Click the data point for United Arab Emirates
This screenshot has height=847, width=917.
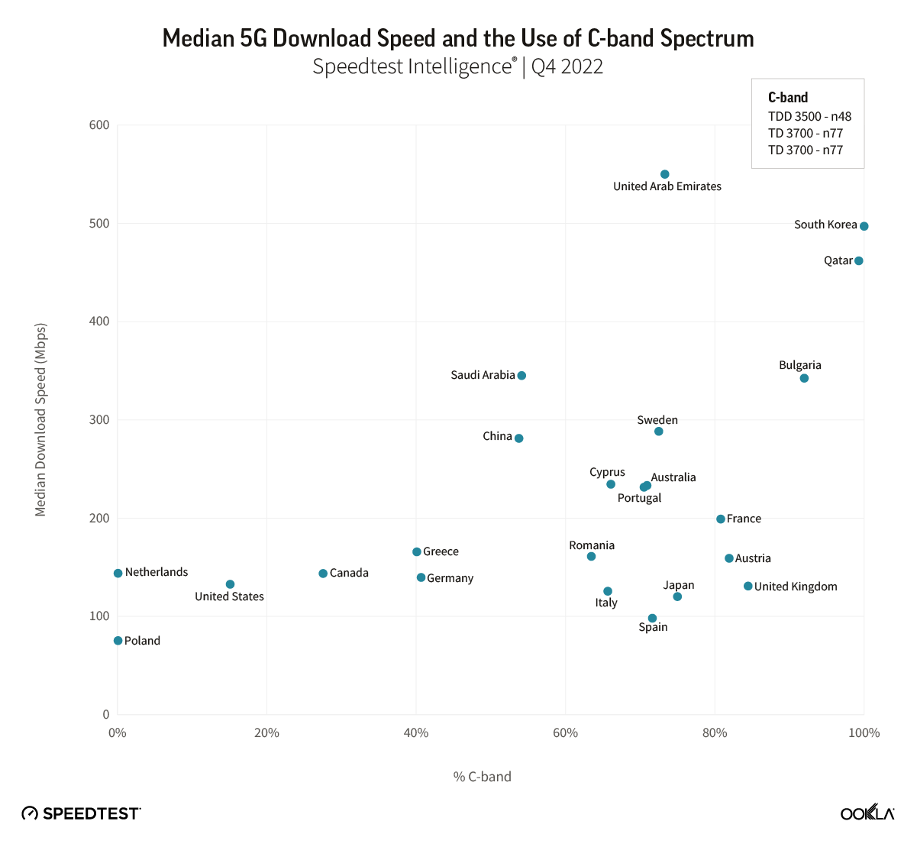pyautogui.click(x=664, y=174)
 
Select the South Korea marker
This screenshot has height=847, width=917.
pyautogui.click(x=864, y=226)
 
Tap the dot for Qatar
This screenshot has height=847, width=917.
pyautogui.click(x=858, y=261)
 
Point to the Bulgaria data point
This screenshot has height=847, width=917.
pyautogui.click(x=804, y=378)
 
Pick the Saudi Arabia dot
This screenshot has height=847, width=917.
pyautogui.click(x=521, y=376)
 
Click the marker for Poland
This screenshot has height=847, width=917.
pyautogui.click(x=118, y=641)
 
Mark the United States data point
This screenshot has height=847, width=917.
pyautogui.click(x=230, y=584)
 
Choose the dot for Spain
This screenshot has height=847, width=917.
pyautogui.click(x=652, y=619)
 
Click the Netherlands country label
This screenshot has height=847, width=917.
pyautogui.click(x=157, y=572)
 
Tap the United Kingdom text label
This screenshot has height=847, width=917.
pyautogui.click(x=796, y=587)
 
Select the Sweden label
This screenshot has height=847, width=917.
pyautogui.click(x=657, y=420)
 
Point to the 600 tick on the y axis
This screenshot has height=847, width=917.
pyautogui.click(x=100, y=125)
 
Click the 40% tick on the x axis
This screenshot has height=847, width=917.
pyautogui.click(x=415, y=733)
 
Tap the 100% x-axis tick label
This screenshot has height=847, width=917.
pyautogui.click(x=864, y=733)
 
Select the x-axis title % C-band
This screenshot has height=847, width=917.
pyautogui.click(x=482, y=777)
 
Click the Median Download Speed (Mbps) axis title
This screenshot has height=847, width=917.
pyautogui.click(x=41, y=419)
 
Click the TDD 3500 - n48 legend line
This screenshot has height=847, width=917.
pyautogui.click(x=809, y=117)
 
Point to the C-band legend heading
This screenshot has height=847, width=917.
pyautogui.click(x=788, y=98)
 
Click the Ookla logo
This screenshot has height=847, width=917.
pyautogui.click(x=867, y=813)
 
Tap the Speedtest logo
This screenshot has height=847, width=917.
pyautogui.click(x=81, y=813)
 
